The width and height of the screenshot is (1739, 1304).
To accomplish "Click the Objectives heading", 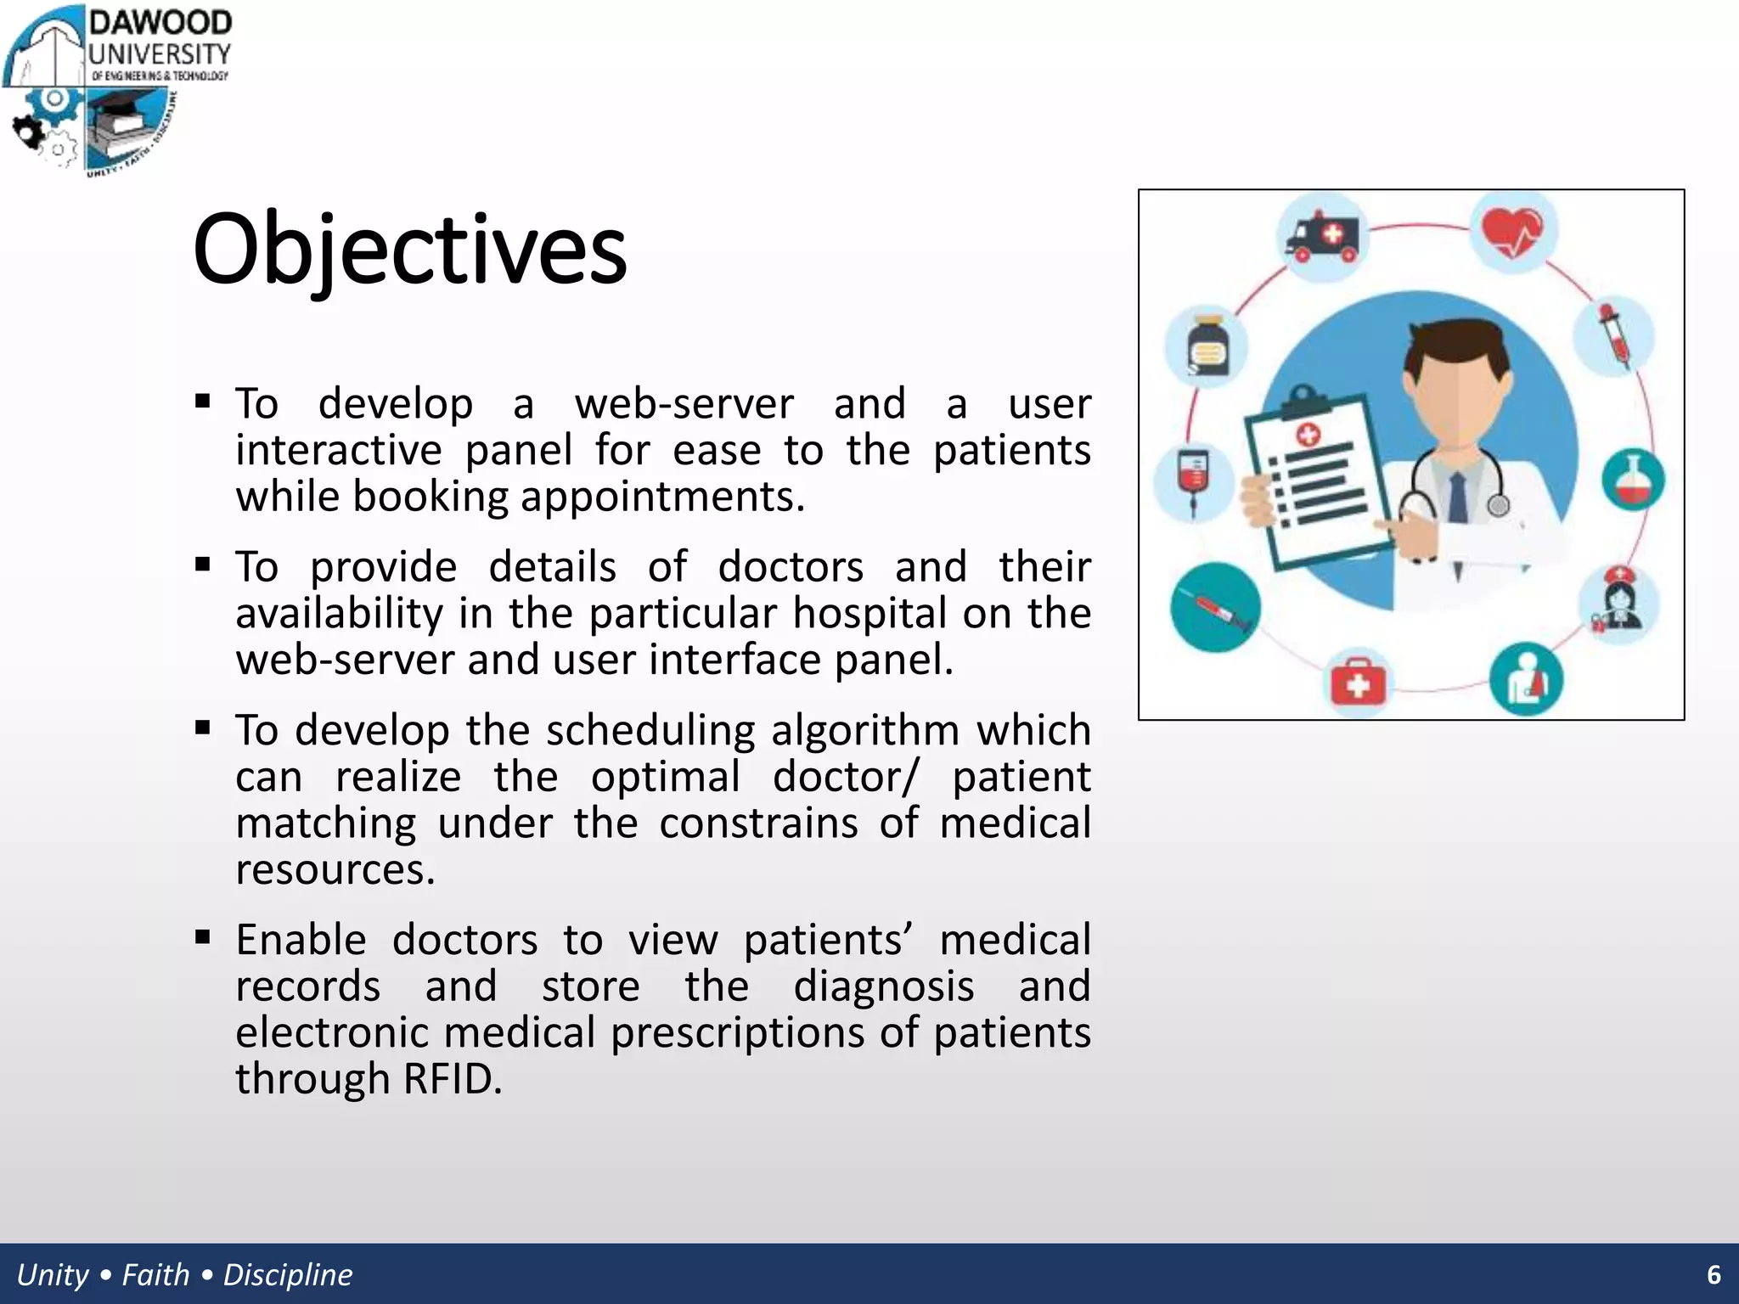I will click(x=409, y=250).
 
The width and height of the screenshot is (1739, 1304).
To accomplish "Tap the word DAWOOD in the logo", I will click(x=160, y=23).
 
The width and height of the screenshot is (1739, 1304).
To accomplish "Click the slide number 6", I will click(x=1714, y=1274).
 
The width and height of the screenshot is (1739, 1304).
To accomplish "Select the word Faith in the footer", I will click(x=155, y=1274).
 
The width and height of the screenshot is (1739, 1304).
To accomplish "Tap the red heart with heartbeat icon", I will click(x=1512, y=232).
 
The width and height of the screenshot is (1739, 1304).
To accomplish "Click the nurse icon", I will click(x=1619, y=603).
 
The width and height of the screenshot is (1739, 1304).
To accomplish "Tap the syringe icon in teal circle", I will click(x=1215, y=608).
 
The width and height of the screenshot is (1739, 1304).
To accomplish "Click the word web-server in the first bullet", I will click(x=684, y=403).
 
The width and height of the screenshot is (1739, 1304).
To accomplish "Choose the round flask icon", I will click(x=1633, y=480).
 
